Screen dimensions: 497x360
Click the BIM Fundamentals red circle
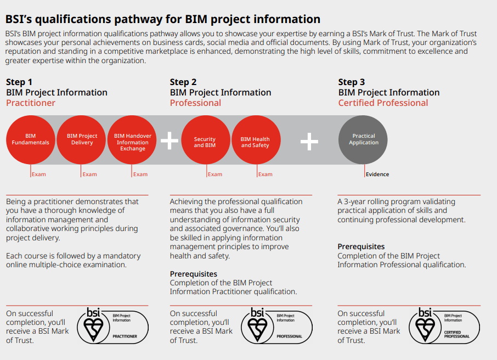click(x=30, y=139)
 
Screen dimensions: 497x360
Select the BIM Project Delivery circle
click(x=81, y=139)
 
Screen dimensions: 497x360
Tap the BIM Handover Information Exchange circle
click(x=132, y=139)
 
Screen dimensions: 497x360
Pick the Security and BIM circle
click(x=206, y=139)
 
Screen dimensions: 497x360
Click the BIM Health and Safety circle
click(x=256, y=139)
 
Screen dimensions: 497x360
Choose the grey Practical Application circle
click(x=363, y=139)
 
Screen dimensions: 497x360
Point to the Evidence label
click(x=377, y=174)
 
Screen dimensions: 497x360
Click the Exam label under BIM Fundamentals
click(x=38, y=174)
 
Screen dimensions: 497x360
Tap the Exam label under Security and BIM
click(x=215, y=174)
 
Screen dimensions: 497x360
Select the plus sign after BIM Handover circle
click(x=170, y=140)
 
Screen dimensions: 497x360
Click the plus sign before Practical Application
click(x=309, y=142)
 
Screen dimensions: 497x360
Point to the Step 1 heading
click(x=19, y=82)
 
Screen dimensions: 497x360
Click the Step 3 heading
click(x=352, y=82)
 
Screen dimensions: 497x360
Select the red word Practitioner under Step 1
click(x=31, y=103)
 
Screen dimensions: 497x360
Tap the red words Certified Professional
click(x=383, y=103)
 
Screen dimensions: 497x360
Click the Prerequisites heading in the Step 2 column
click(x=193, y=274)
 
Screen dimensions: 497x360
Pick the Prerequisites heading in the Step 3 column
click(x=361, y=246)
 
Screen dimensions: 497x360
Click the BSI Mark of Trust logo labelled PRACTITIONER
click(x=113, y=326)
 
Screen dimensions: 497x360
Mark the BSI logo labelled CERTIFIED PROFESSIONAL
click(x=444, y=326)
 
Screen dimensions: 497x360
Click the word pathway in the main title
click(x=138, y=19)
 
